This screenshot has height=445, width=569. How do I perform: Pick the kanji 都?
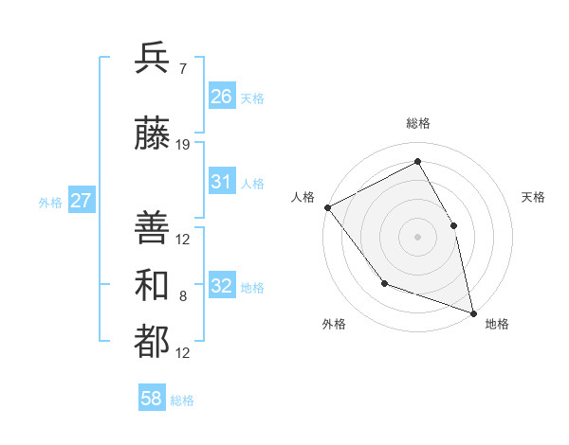pos(152,343)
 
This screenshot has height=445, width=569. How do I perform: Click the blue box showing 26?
pos(222,97)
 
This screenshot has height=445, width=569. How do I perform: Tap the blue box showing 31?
pos(222,182)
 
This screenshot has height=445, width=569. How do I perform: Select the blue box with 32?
pos(222,286)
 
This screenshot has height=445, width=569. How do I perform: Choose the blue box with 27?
pos(81,201)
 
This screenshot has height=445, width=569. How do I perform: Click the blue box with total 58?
pos(152,400)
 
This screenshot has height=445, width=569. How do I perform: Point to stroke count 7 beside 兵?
pos(182,68)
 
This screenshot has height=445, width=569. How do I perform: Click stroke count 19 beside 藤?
pos(183,145)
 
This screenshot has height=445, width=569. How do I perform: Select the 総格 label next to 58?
pos(182,400)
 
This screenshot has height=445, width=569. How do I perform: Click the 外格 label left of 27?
pos(49,202)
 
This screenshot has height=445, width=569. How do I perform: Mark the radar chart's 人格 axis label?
pos(303,197)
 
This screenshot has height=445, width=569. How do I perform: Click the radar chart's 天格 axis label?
pos(533,197)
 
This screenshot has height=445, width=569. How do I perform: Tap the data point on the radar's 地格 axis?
pos(473,312)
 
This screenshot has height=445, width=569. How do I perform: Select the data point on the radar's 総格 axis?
pos(417,162)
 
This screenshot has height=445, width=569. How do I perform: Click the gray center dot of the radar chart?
pos(417,236)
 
